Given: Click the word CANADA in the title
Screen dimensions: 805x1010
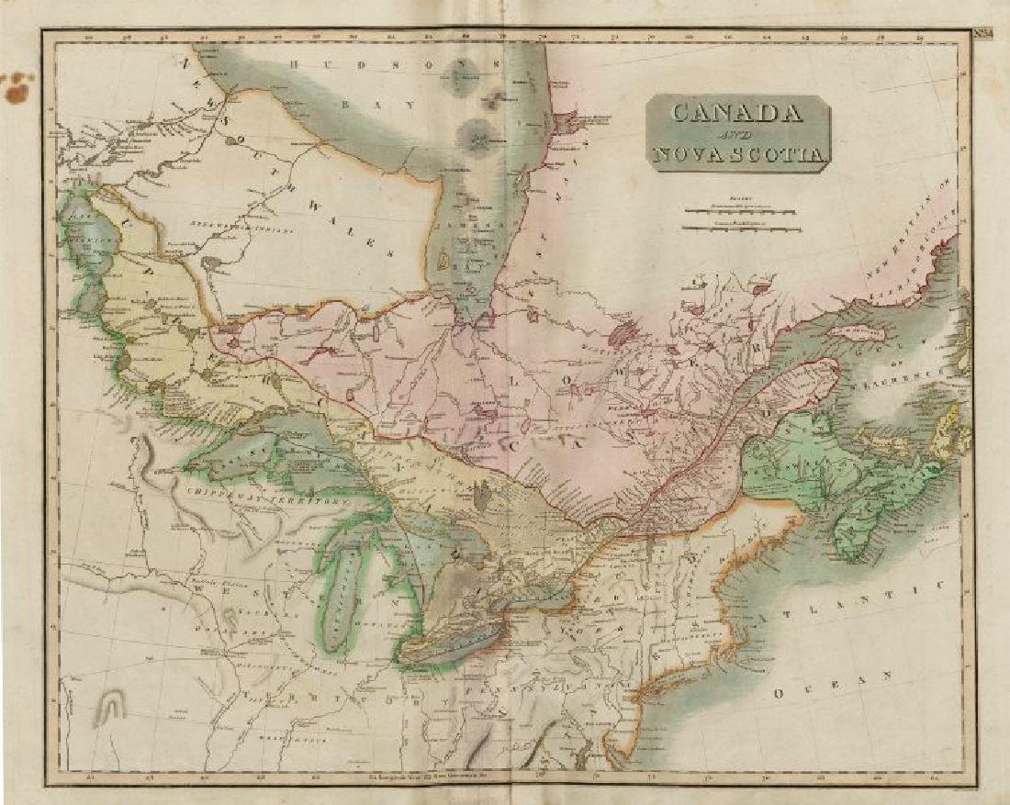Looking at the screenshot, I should (737, 113).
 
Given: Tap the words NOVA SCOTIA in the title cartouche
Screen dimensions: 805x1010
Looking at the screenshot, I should (738, 154).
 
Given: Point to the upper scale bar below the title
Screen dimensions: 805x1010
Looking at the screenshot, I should (740, 209).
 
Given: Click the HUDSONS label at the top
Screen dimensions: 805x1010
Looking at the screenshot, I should (330, 64).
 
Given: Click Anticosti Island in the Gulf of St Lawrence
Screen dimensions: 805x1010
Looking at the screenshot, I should (858, 332).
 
